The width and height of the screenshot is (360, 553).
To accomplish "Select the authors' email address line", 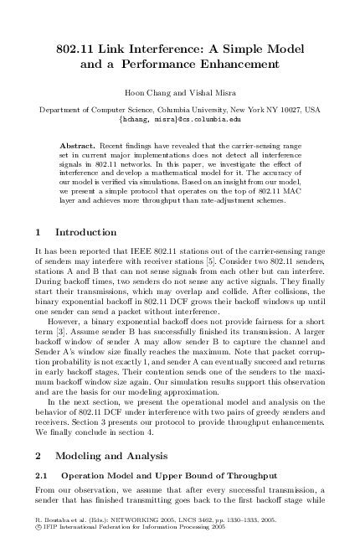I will click(179, 120).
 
